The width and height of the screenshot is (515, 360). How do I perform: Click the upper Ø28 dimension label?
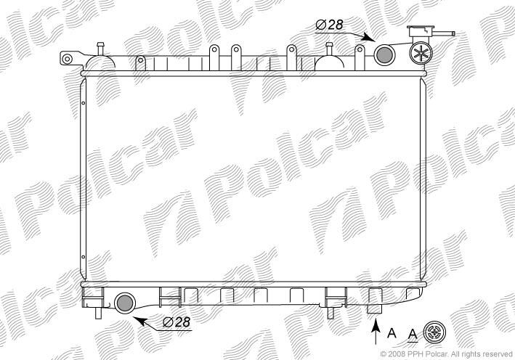[330, 25]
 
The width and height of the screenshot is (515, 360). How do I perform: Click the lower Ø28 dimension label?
[177, 322]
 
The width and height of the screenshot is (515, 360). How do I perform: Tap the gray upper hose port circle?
[384, 55]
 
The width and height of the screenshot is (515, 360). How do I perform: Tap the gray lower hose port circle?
[125, 303]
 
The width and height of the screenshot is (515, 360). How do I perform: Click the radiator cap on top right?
[421, 31]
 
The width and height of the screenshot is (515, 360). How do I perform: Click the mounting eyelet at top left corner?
[67, 59]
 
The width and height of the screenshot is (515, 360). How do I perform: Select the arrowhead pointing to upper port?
[368, 37]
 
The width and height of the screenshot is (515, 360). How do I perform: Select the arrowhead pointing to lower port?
[140, 320]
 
